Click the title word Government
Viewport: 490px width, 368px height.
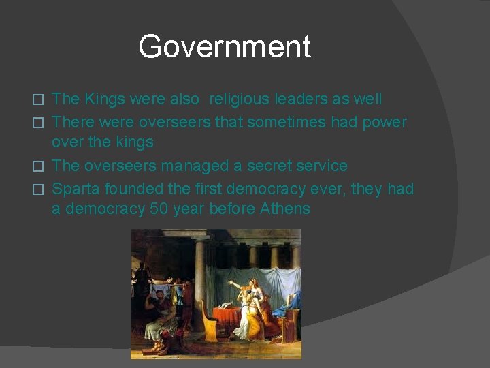pos(225,47)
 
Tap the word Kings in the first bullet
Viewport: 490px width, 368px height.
pos(105,99)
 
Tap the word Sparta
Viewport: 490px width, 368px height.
pos(74,188)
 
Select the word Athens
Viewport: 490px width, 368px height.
pos(285,209)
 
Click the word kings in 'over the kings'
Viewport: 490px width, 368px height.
pos(133,142)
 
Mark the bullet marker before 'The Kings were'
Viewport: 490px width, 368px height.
pos(39,99)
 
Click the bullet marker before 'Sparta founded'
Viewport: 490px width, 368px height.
pos(39,189)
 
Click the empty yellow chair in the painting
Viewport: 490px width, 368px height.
pos(209,328)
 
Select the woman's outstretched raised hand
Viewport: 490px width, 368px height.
pos(231,283)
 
